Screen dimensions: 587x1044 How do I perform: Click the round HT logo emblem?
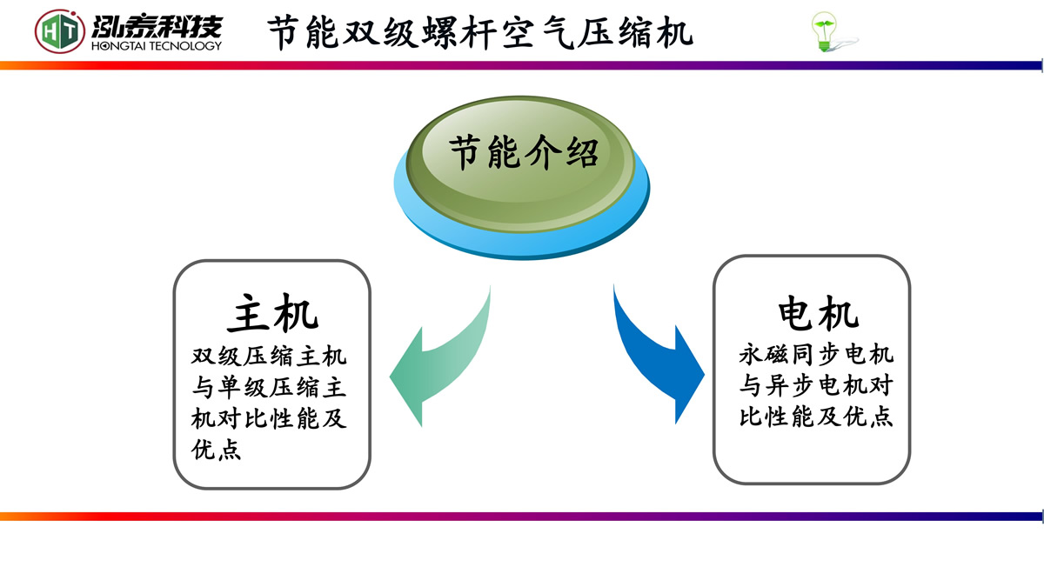coord(60,31)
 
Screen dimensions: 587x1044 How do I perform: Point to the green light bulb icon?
coord(824,32)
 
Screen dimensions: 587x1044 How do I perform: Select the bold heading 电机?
coord(818,313)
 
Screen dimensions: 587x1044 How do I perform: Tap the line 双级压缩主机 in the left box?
coord(270,357)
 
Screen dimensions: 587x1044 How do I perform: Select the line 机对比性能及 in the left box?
coord(270,419)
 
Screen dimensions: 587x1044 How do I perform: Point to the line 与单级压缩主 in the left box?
coord(270,388)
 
